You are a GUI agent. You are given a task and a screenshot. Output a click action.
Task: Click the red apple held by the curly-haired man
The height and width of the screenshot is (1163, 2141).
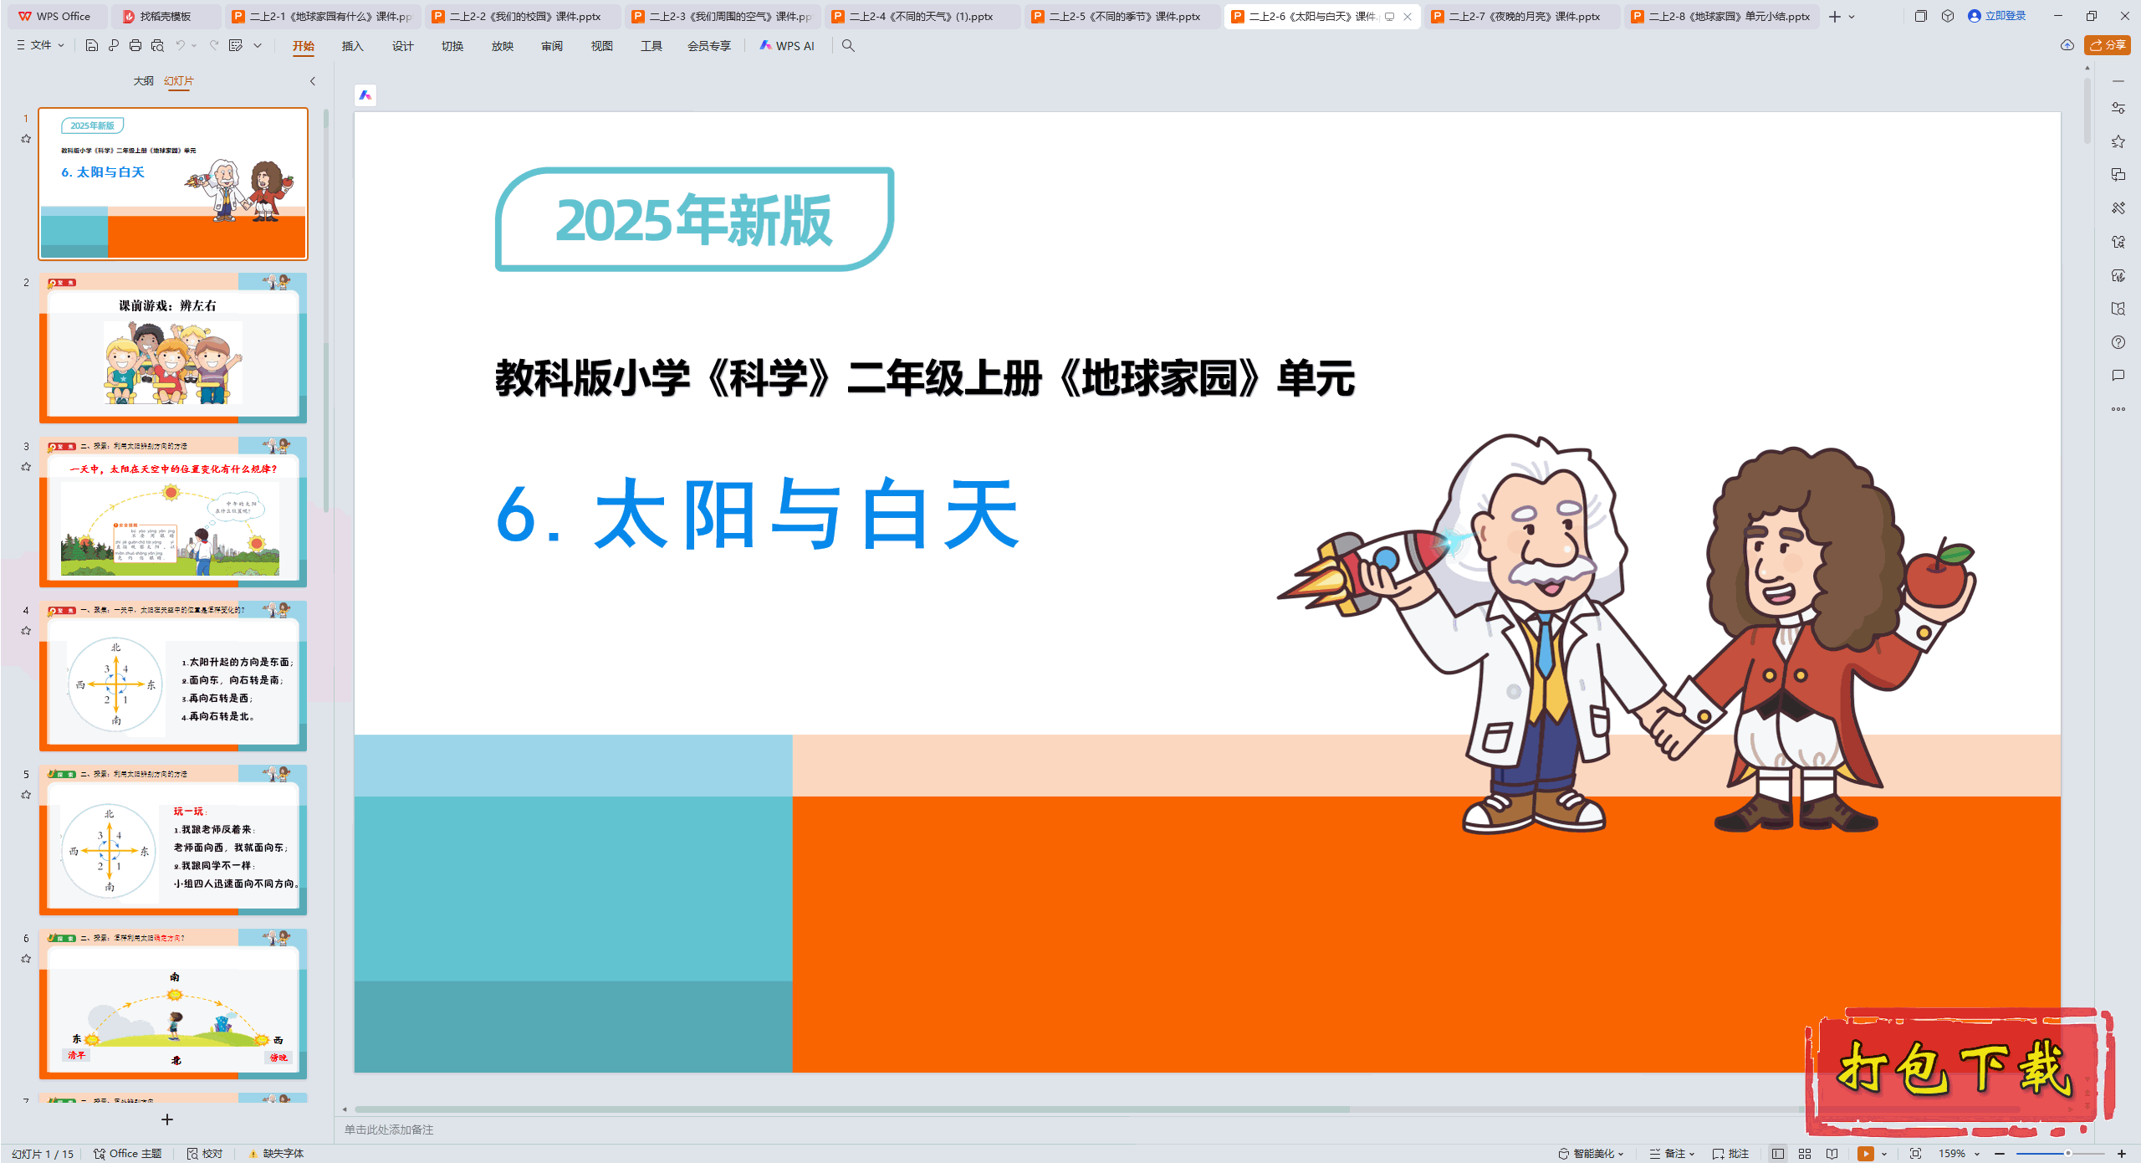(x=1939, y=577)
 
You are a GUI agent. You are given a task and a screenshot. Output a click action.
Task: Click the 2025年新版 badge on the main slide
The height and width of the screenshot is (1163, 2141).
(x=694, y=219)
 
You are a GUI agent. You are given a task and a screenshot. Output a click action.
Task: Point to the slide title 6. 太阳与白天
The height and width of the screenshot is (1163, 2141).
(x=757, y=514)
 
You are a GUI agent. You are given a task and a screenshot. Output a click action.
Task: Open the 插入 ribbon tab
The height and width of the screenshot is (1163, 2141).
(x=352, y=46)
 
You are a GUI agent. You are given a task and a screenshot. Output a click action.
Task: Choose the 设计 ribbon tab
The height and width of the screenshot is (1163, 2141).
(x=402, y=46)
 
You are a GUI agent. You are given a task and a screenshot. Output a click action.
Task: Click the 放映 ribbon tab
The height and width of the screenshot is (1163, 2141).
(x=502, y=46)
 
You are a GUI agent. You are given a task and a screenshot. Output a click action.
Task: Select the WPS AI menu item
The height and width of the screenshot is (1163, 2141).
(x=787, y=46)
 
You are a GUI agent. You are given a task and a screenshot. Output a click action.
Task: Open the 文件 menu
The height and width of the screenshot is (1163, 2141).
(x=40, y=45)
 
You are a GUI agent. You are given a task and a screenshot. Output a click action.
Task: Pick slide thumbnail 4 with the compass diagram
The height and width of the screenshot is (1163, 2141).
(x=173, y=675)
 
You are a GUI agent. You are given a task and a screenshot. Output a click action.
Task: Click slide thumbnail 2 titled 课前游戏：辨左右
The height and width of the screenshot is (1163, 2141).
(x=173, y=347)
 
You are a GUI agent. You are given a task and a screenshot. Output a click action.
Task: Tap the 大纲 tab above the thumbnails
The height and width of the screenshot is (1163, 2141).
(x=143, y=81)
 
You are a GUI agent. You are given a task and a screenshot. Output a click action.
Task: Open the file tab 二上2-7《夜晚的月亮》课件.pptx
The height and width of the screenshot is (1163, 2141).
(x=1523, y=16)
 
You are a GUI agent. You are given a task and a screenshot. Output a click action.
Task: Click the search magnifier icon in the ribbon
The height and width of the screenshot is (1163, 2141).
(x=848, y=46)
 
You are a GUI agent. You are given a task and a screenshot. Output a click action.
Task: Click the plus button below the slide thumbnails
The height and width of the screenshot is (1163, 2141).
(x=167, y=1119)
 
